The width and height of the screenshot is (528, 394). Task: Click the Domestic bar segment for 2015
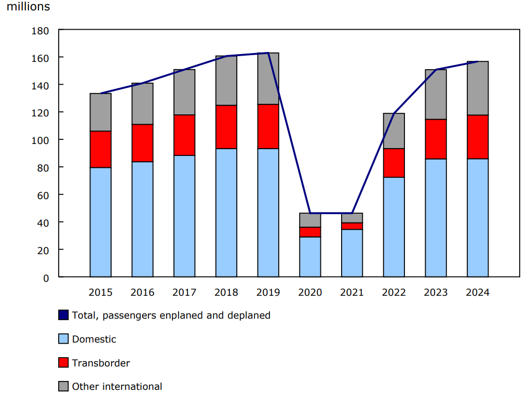click(x=100, y=222)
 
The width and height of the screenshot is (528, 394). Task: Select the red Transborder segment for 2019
click(x=268, y=126)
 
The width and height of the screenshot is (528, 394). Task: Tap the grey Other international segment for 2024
click(x=477, y=88)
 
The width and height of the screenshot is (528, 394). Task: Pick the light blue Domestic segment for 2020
click(x=310, y=257)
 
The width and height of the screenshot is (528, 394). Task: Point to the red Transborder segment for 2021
click(x=352, y=226)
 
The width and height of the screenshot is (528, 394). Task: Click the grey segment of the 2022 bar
click(x=394, y=131)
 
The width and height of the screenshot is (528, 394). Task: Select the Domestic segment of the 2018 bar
click(x=226, y=213)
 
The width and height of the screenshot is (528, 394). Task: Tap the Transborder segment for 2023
click(x=436, y=139)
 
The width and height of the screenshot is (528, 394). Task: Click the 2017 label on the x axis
click(x=184, y=293)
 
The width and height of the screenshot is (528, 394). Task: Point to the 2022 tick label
click(x=394, y=293)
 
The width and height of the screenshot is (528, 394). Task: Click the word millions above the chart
click(x=29, y=7)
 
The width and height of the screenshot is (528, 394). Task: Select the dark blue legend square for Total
click(x=63, y=315)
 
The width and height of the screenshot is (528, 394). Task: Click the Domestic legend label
click(x=94, y=339)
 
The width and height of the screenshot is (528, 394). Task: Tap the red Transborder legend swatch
click(x=63, y=363)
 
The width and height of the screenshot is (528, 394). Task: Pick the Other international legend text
click(x=117, y=387)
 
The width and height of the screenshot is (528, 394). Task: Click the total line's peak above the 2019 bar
click(x=268, y=53)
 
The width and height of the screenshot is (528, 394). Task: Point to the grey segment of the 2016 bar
click(x=142, y=104)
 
